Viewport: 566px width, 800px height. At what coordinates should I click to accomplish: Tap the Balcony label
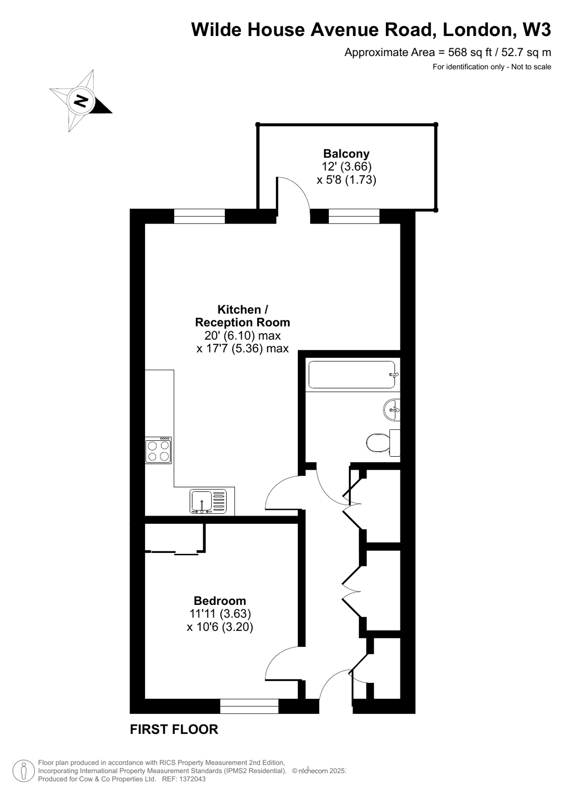[346, 154]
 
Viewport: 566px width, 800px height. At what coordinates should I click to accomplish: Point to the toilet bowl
[378, 443]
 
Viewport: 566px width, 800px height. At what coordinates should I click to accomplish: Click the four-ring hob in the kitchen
[159, 450]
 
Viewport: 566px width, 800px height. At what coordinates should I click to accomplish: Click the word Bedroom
[220, 600]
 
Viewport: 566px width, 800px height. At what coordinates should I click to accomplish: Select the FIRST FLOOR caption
[174, 729]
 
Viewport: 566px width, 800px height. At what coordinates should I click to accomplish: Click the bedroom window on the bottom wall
[249, 706]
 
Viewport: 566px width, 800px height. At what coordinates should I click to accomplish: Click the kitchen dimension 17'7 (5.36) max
[243, 348]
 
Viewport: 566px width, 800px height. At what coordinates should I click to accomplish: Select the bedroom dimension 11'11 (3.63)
[220, 613]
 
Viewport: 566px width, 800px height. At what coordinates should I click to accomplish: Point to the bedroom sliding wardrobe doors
[175, 552]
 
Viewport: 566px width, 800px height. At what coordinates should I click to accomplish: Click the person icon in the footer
[23, 770]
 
